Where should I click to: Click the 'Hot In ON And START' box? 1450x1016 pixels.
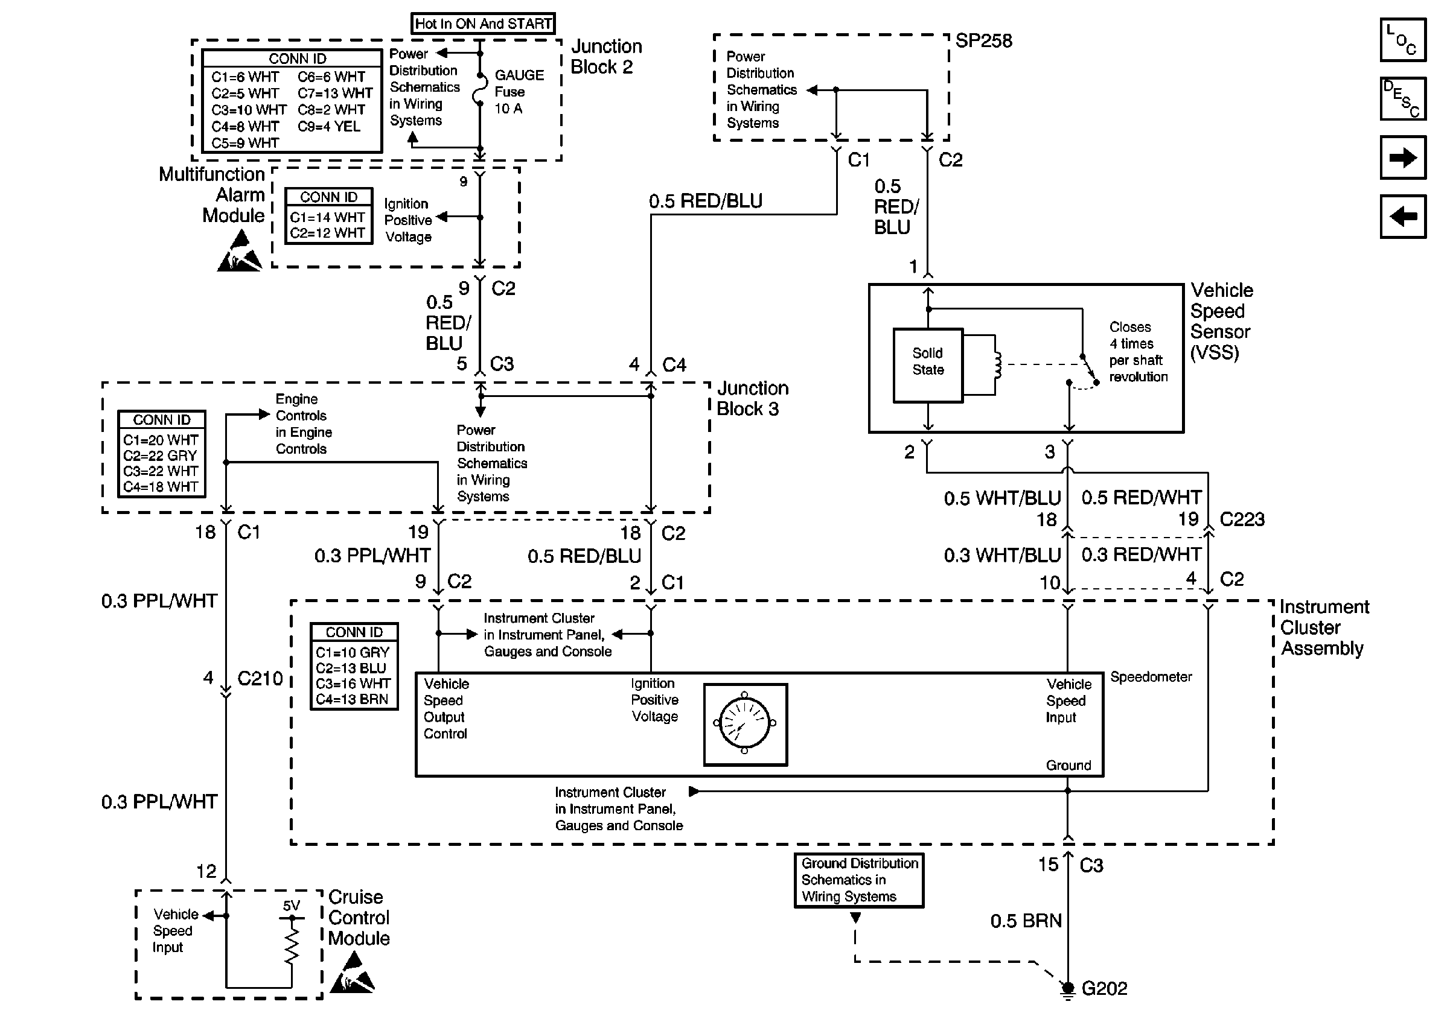pos(483,24)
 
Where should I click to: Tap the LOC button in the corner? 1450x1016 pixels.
pos(1403,40)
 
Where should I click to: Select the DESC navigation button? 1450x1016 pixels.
pos(1403,98)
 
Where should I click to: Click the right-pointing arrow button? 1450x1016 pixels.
pos(1403,157)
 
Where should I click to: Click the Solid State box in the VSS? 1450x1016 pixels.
pos(928,366)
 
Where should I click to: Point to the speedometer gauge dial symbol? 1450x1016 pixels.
pos(745,725)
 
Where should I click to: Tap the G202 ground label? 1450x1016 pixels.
pos(1105,988)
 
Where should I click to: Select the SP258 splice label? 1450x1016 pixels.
pos(983,41)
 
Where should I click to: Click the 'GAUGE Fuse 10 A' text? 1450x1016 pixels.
pos(519,92)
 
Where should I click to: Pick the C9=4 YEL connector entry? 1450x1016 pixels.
pos(329,126)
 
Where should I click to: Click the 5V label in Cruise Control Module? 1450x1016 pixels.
pos(291,906)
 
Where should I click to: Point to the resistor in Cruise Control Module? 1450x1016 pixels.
pos(292,942)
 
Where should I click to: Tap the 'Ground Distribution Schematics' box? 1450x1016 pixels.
pos(859,880)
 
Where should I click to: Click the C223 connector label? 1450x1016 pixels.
pos(1242,519)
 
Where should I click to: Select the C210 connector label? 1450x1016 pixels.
pos(260,678)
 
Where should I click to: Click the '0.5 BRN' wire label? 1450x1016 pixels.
pos(1026,921)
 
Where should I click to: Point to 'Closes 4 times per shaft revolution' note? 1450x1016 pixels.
pos(1138,352)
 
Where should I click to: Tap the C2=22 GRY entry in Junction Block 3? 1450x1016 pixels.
pos(161,456)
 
